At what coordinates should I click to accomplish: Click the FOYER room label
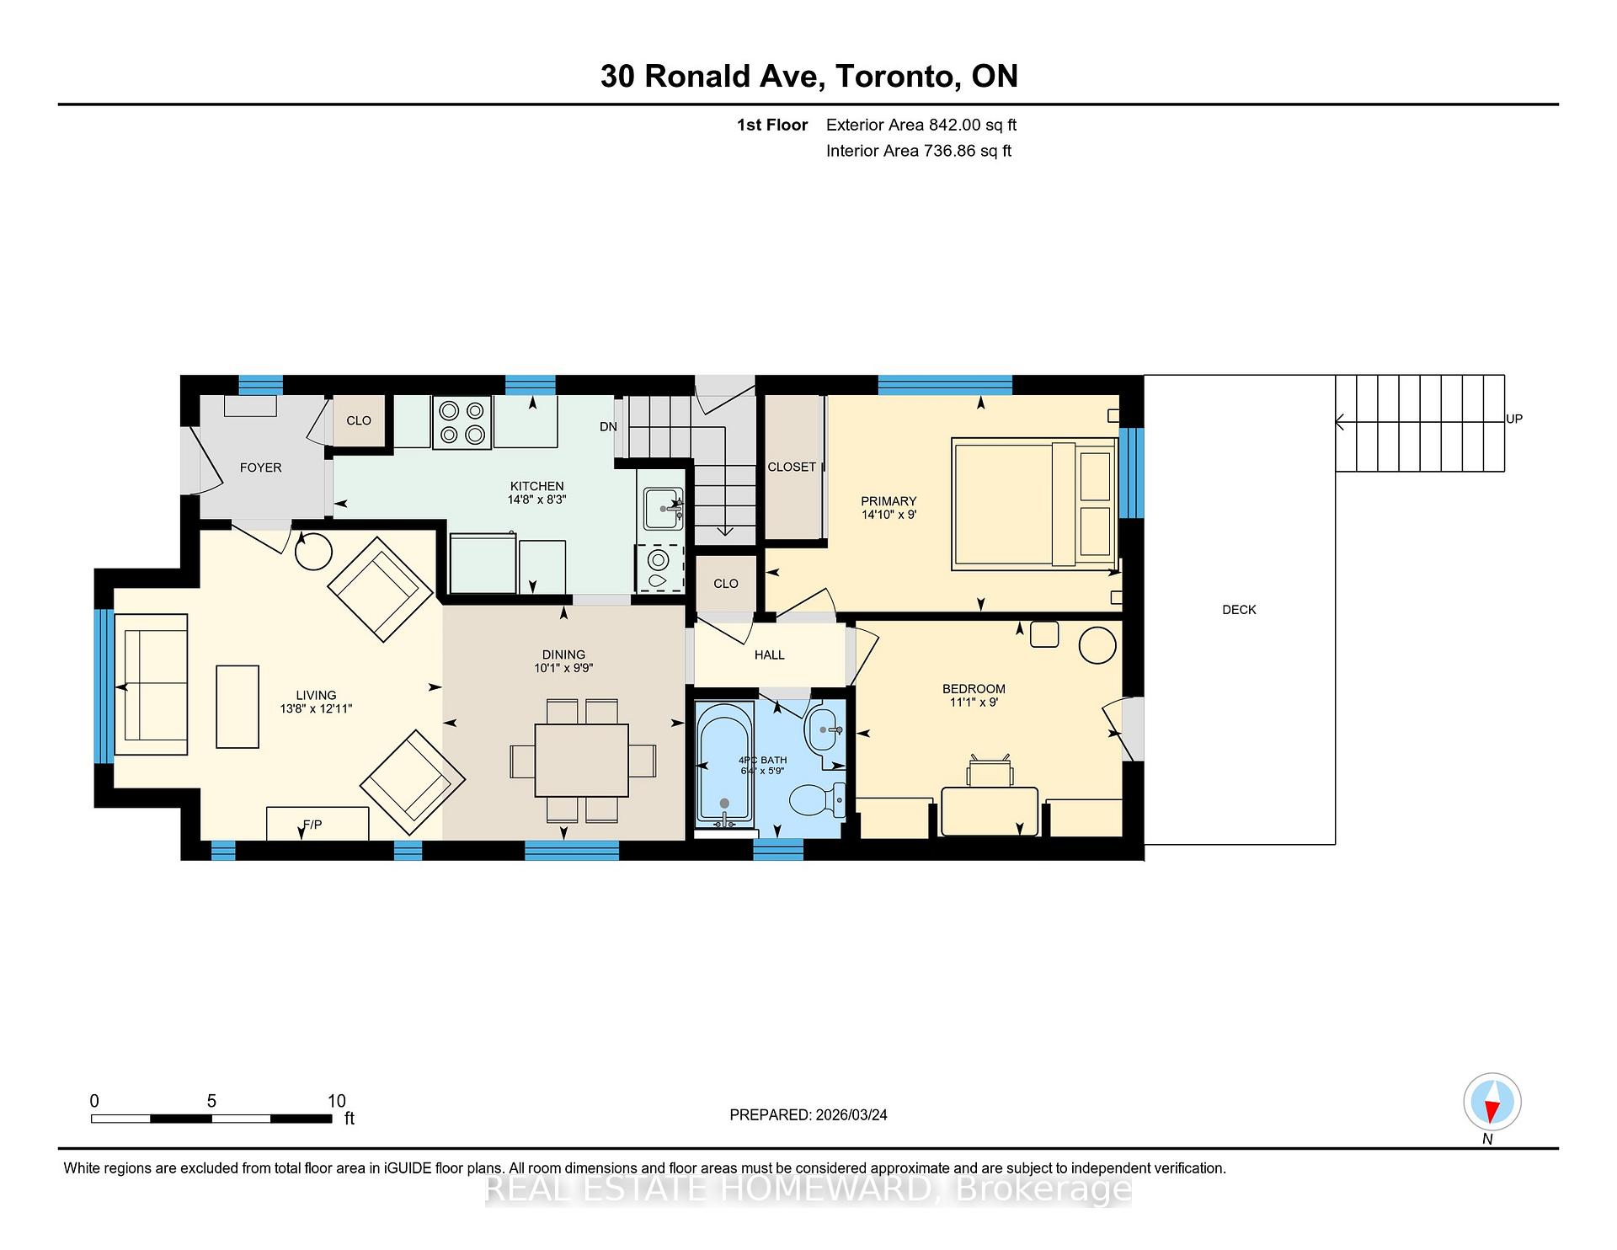pyautogui.click(x=260, y=467)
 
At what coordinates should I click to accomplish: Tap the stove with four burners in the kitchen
pyautogui.click(x=462, y=422)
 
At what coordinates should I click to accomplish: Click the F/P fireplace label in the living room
pyautogui.click(x=312, y=825)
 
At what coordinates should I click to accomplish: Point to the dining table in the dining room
pyautogui.click(x=581, y=760)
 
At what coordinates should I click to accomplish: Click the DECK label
pyautogui.click(x=1239, y=610)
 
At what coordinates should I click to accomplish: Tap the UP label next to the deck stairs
pyautogui.click(x=1513, y=419)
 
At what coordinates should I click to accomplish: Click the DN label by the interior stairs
pyautogui.click(x=608, y=427)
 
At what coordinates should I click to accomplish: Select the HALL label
pyautogui.click(x=769, y=654)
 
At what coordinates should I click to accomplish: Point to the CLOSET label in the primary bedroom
pyautogui.click(x=792, y=467)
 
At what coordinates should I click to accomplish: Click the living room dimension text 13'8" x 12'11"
pyautogui.click(x=316, y=709)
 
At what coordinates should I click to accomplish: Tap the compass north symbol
pyautogui.click(x=1492, y=1103)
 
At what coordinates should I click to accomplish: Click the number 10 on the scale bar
pyautogui.click(x=336, y=1101)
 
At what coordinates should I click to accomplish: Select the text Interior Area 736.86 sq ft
pyautogui.click(x=918, y=151)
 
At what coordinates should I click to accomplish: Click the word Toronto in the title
pyautogui.click(x=897, y=77)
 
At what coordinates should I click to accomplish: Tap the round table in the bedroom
pyautogui.click(x=1097, y=646)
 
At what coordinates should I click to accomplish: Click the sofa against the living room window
pyautogui.click(x=152, y=684)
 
